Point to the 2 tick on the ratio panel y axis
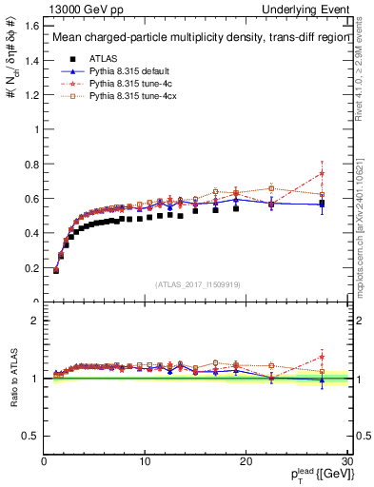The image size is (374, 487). click(35, 321)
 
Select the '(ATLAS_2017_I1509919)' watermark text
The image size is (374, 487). click(196, 283)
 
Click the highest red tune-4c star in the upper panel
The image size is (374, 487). click(322, 173)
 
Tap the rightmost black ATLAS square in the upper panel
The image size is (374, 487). click(322, 204)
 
